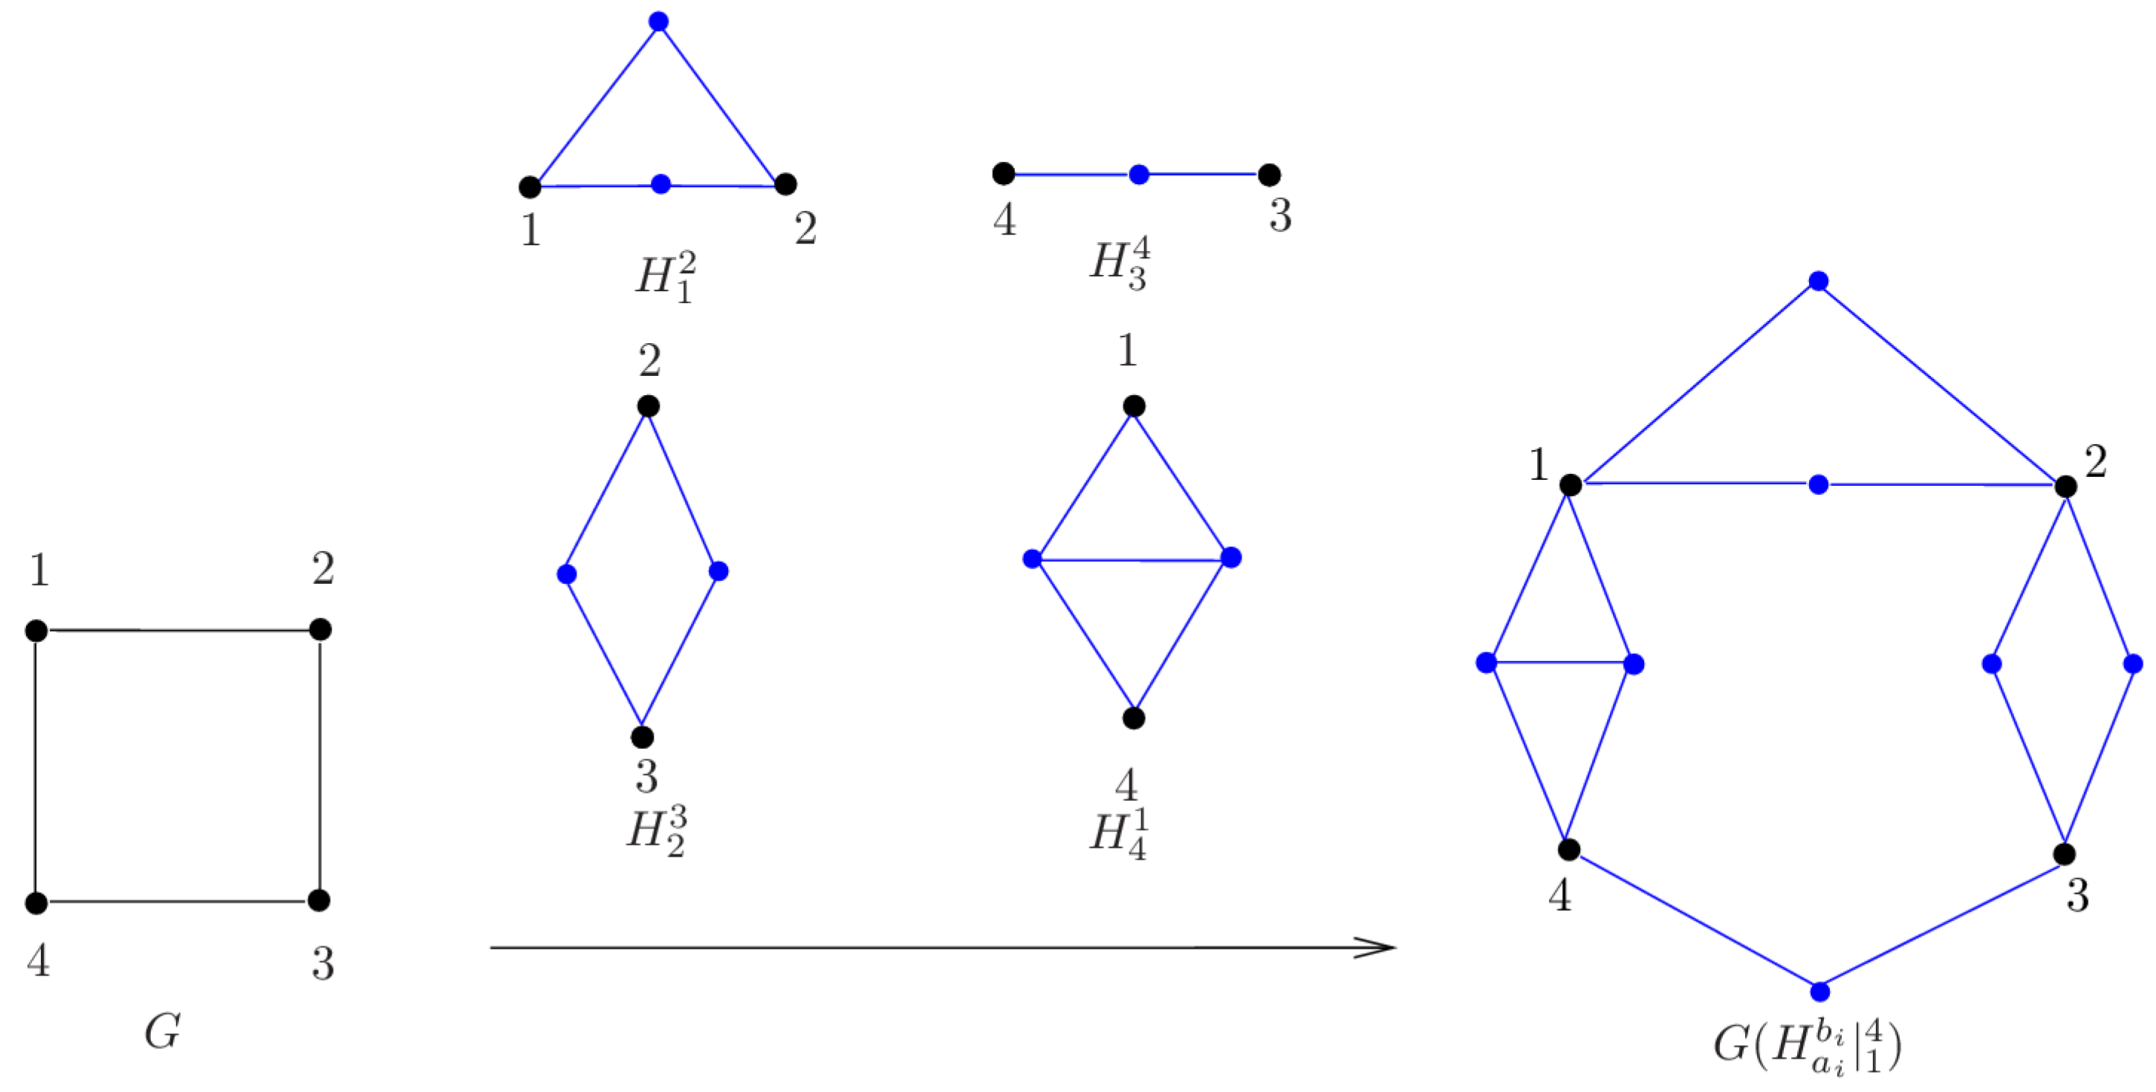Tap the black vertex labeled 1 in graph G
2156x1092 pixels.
(x=36, y=631)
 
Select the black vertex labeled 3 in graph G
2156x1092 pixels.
(x=319, y=900)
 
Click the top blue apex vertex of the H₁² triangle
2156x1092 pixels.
(x=659, y=22)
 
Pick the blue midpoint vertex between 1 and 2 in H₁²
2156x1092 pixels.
(x=660, y=184)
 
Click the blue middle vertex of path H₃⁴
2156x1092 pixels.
(x=1138, y=175)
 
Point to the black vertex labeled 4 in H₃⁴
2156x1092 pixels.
(x=1004, y=174)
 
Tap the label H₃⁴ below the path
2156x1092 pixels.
(x=1120, y=262)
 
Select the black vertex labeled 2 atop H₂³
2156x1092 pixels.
(x=648, y=406)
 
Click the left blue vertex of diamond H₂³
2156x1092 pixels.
(x=567, y=574)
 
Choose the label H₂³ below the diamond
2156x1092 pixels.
(x=657, y=831)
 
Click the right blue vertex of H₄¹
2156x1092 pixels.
(x=1230, y=557)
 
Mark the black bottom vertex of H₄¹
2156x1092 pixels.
(x=1133, y=718)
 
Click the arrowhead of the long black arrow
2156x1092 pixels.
(x=1381, y=947)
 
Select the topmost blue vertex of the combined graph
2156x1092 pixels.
(x=1818, y=281)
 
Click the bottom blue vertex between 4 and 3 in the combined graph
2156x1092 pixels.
(x=1819, y=992)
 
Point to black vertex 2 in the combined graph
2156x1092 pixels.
(x=2065, y=486)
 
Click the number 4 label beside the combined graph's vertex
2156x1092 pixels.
(x=1559, y=895)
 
